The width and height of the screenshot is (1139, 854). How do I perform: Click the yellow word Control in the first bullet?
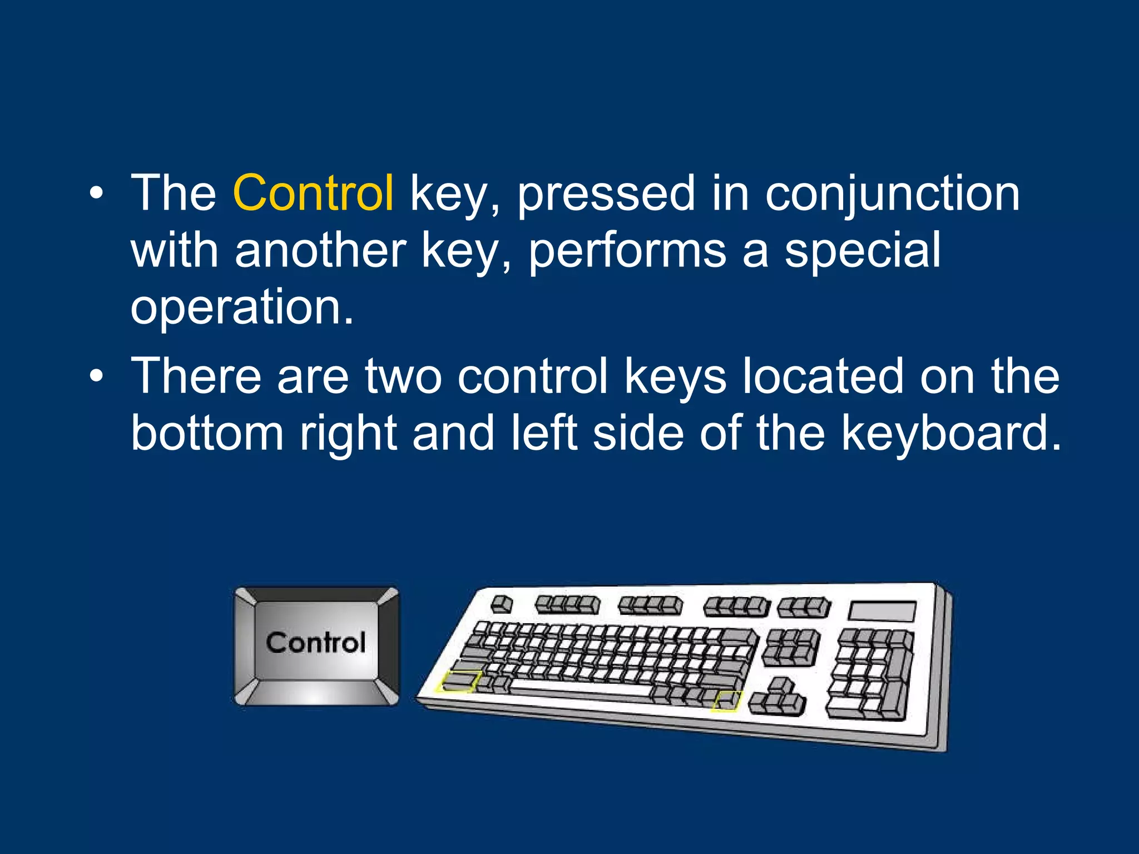313,193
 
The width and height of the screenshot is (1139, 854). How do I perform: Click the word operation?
241,307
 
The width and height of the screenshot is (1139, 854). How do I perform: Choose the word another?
320,250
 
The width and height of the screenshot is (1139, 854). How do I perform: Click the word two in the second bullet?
403,376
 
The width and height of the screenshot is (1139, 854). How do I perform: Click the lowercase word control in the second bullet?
532,376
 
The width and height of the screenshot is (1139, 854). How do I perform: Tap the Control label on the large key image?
315,643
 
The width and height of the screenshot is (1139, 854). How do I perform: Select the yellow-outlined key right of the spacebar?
726,701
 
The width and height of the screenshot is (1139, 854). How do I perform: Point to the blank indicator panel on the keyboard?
882,612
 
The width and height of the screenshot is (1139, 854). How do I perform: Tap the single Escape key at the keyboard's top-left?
502,604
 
